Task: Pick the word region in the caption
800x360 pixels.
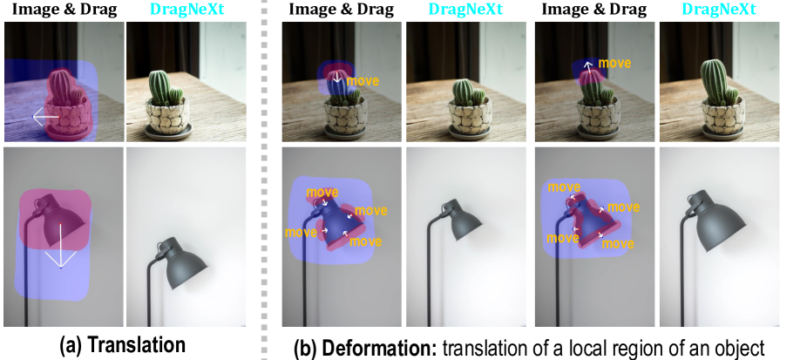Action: (x=659, y=350)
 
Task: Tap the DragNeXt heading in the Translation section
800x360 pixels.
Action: (x=186, y=10)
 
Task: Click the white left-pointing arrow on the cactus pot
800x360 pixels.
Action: (x=46, y=117)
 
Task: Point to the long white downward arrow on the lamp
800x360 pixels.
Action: (x=61, y=246)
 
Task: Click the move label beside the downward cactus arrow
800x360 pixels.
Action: (x=363, y=81)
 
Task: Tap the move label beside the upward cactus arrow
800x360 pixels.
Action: (x=614, y=64)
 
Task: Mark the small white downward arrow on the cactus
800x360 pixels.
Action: (x=336, y=77)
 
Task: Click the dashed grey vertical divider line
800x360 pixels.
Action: (x=265, y=180)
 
